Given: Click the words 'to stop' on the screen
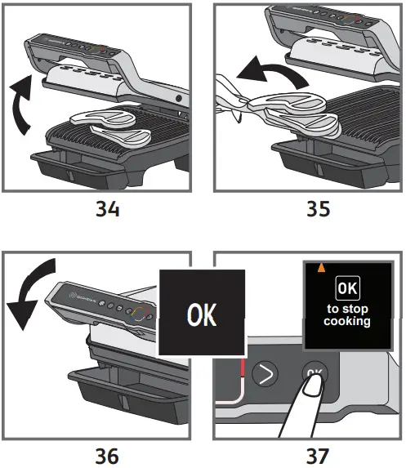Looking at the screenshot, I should point(348,309).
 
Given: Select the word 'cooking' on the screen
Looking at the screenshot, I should point(348,321).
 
